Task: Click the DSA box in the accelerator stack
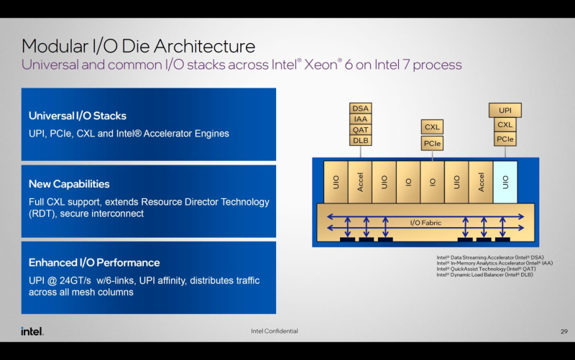click(x=361, y=109)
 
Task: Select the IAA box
click(x=361, y=119)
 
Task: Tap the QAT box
click(x=361, y=130)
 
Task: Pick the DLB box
click(x=361, y=141)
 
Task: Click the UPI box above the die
click(x=505, y=111)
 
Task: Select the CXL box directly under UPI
click(x=505, y=125)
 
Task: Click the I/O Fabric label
click(x=425, y=223)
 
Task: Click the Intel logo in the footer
click(x=32, y=331)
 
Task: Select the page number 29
click(x=563, y=331)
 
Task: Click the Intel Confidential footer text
click(x=274, y=331)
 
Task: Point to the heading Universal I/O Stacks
click(x=78, y=116)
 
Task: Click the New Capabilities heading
click(x=69, y=184)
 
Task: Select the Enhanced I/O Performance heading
click(x=94, y=262)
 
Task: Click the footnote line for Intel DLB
click(x=485, y=274)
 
